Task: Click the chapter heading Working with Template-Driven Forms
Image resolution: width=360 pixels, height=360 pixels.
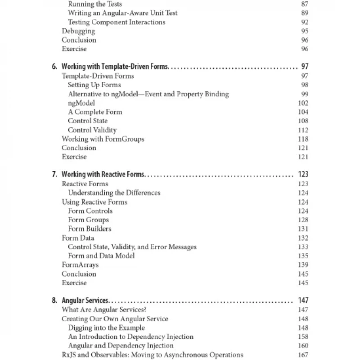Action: tap(115, 67)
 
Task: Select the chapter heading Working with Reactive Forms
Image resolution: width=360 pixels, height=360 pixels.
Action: tap(103, 175)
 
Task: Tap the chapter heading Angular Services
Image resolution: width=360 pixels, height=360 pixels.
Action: tap(85, 301)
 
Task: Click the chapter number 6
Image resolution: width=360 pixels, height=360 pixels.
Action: tap(54, 67)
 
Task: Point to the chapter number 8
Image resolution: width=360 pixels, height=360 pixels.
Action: tap(54, 301)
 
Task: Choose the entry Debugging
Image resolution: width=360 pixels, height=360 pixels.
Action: tap(78, 31)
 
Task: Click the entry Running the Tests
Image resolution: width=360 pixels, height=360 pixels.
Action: tap(95, 4)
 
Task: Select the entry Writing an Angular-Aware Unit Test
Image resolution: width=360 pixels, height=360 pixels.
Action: tap(123, 13)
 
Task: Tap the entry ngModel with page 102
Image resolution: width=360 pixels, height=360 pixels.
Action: tap(81, 103)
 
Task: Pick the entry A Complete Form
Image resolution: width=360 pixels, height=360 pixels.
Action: tap(95, 112)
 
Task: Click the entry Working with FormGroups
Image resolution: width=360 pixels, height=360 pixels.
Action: tap(103, 139)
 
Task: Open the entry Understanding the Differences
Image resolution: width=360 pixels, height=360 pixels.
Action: tap(114, 193)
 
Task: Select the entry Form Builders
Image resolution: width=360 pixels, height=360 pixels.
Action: tap(90, 229)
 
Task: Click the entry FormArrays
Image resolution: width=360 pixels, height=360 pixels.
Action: tap(80, 265)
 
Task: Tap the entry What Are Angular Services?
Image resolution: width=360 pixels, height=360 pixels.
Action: tap(104, 310)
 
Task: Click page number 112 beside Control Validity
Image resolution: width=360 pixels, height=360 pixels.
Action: tap(303, 130)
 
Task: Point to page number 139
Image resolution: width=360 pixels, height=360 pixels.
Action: tap(303, 265)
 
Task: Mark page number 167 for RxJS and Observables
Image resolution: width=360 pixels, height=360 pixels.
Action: tap(303, 355)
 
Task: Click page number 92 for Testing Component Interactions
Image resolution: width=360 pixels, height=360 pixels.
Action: tap(305, 22)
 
